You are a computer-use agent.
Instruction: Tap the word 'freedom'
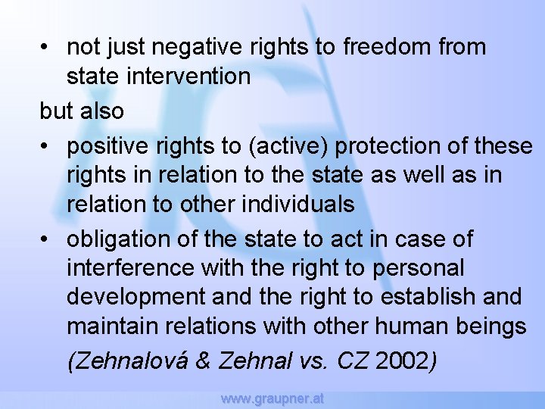[x=387, y=47]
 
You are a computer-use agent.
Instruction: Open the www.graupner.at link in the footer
[x=272, y=398]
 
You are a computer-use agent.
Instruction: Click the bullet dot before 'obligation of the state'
[x=46, y=240]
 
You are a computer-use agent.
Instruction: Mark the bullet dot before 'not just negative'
[x=46, y=48]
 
